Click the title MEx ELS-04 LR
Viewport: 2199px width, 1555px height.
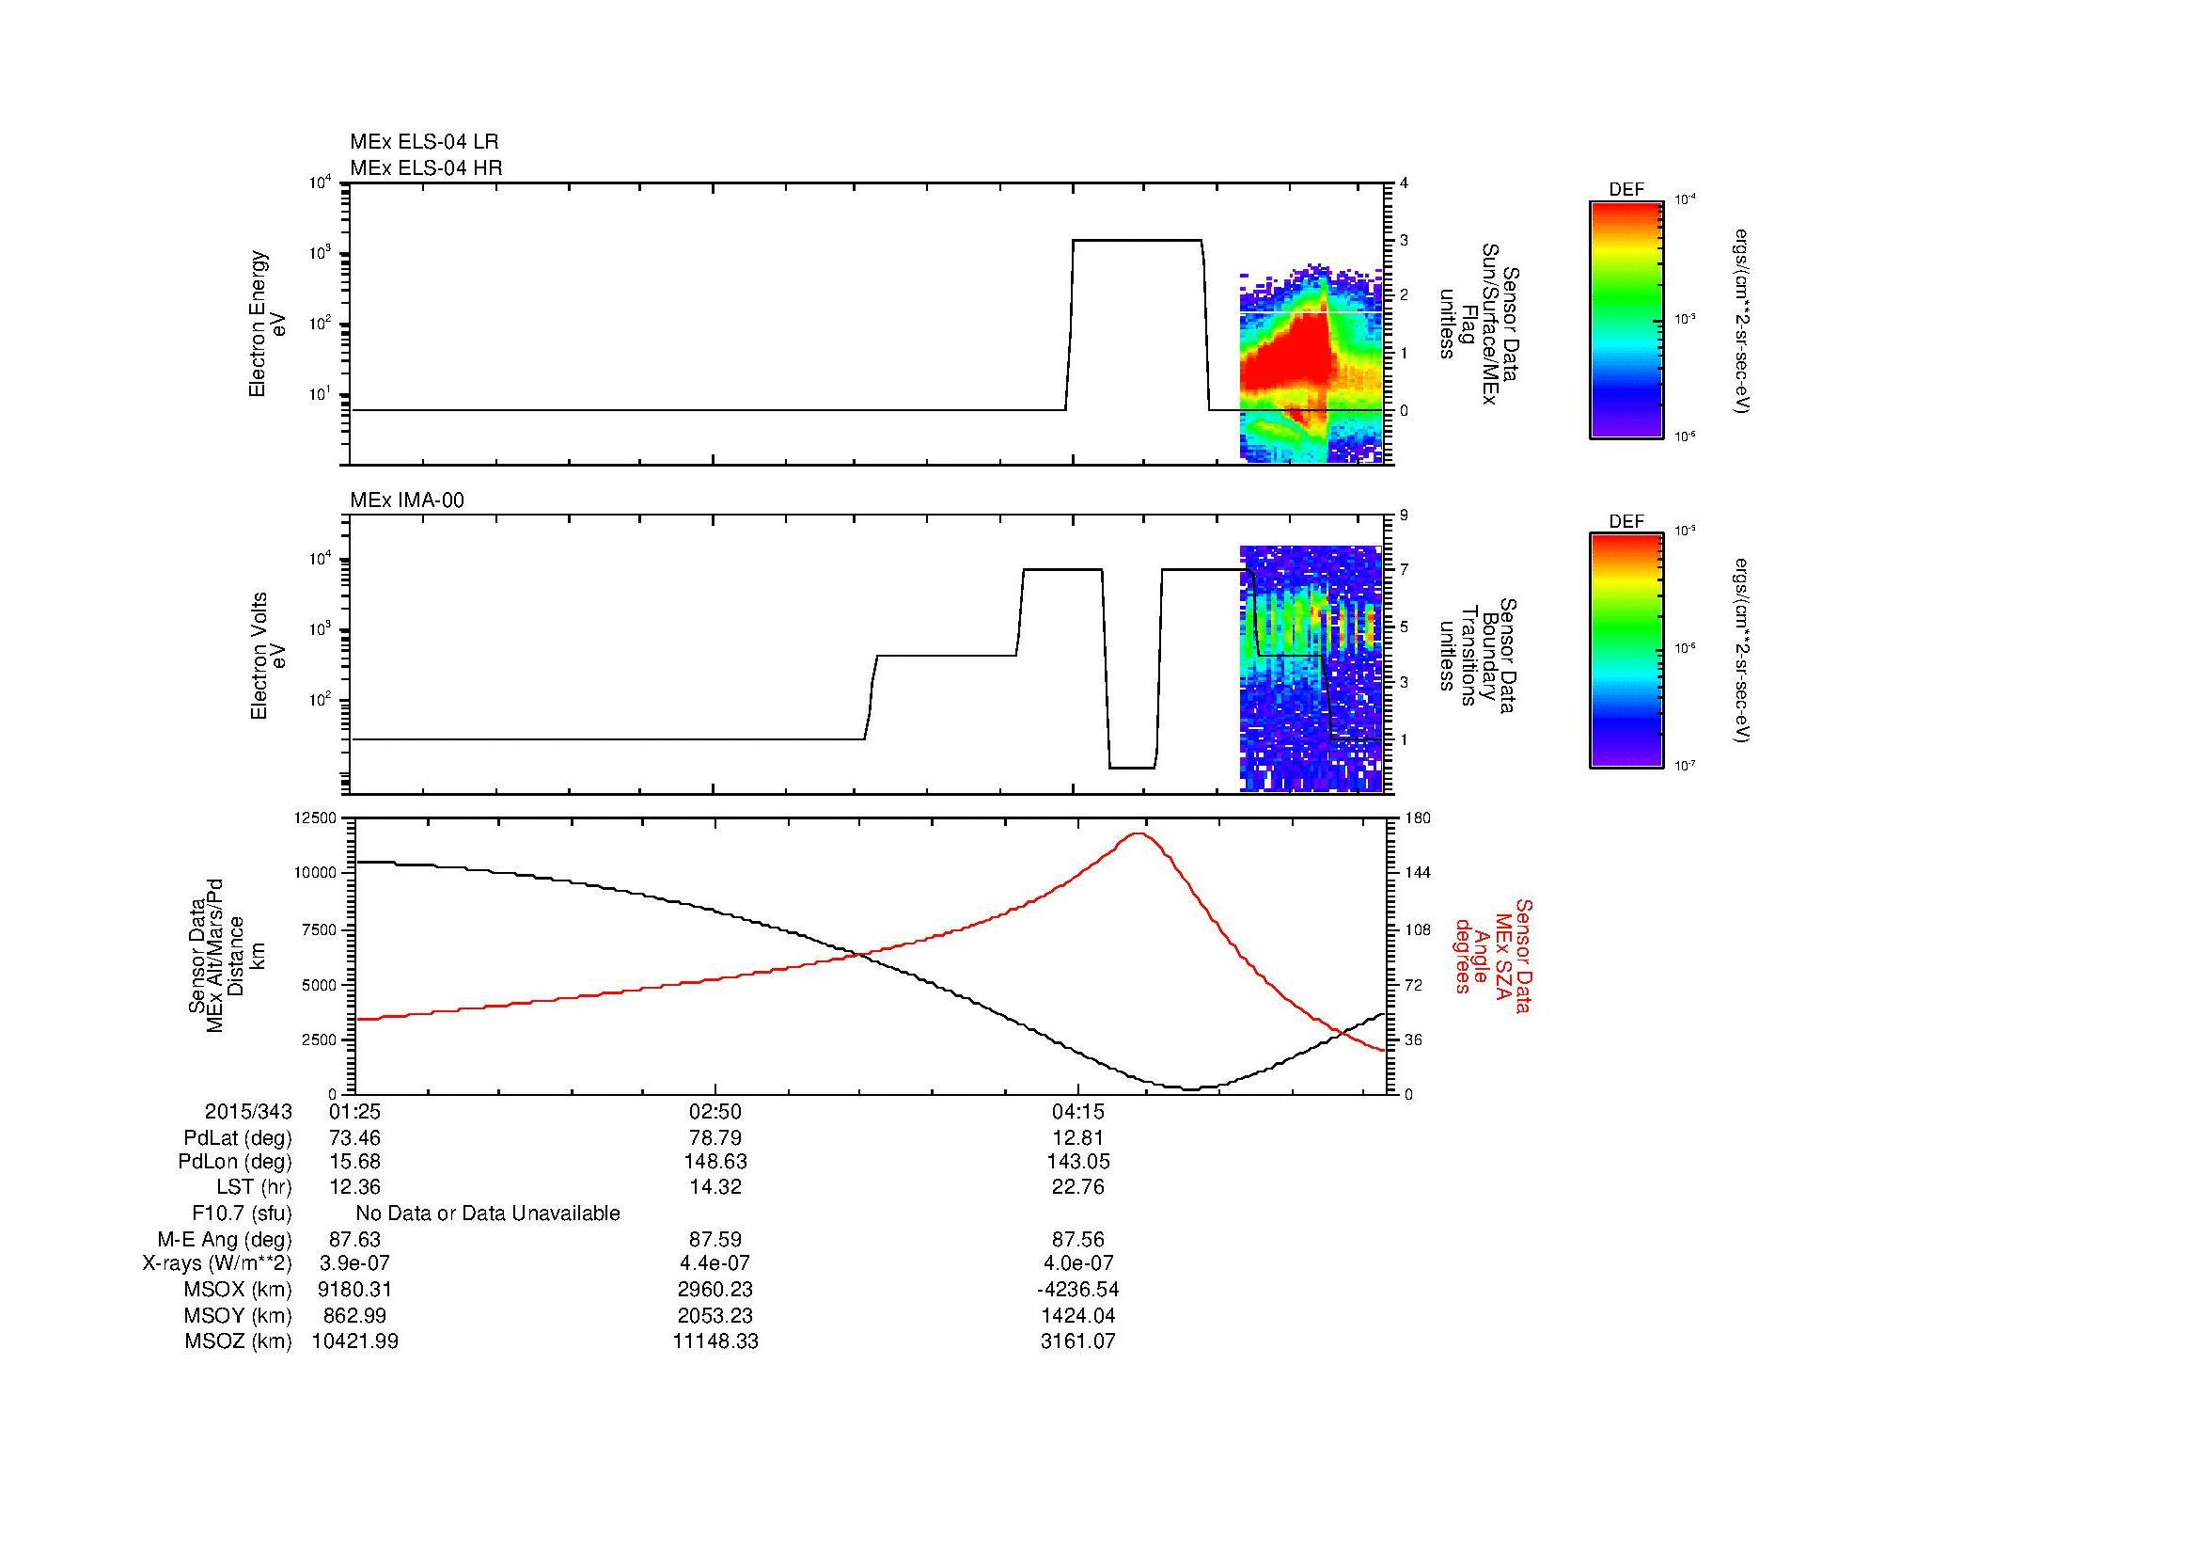click(x=424, y=142)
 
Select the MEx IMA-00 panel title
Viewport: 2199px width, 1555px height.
click(x=407, y=500)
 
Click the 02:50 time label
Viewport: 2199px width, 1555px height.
click(x=715, y=1111)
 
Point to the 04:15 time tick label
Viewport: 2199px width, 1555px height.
click(x=1078, y=1111)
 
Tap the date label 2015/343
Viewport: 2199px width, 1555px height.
click(x=248, y=1111)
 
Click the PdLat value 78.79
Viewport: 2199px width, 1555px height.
click(x=715, y=1138)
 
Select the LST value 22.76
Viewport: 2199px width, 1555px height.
click(x=1078, y=1187)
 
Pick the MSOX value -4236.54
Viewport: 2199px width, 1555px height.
click(x=1078, y=1289)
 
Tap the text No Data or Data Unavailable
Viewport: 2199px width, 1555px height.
click(x=488, y=1213)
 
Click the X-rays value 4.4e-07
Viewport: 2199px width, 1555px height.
click(x=715, y=1263)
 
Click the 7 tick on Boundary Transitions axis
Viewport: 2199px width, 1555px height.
click(x=1404, y=570)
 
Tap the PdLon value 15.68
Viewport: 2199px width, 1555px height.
click(x=354, y=1161)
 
